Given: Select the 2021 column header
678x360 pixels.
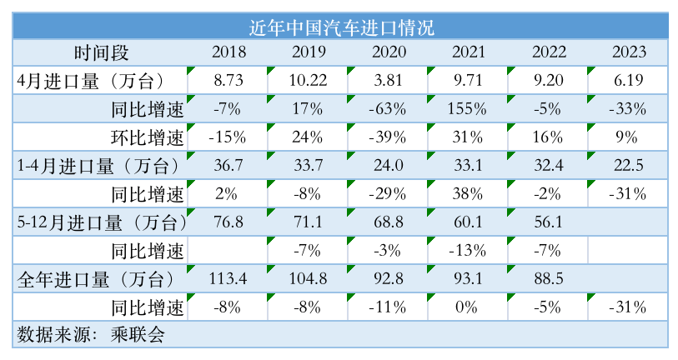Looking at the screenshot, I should (x=469, y=52).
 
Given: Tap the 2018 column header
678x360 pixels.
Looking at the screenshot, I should (x=229, y=52).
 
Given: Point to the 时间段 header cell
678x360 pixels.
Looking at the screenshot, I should (x=101, y=52).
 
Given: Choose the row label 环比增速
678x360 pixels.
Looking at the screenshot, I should (x=147, y=137).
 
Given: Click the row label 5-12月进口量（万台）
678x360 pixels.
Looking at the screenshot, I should (x=101, y=222).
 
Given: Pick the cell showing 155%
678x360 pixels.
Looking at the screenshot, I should (x=469, y=109).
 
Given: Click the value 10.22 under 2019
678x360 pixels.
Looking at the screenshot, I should (x=309, y=81).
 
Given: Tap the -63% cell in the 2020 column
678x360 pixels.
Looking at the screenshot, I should (x=389, y=109).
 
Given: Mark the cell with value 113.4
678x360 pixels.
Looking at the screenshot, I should (x=229, y=278).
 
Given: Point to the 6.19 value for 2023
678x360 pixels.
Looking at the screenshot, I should (x=628, y=81).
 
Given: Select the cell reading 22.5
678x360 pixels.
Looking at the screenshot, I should (x=628, y=166).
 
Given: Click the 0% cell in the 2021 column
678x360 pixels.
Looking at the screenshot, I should (x=469, y=307).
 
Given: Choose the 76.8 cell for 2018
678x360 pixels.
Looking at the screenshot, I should (x=229, y=222).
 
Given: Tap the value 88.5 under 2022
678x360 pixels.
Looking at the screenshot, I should (x=548, y=278).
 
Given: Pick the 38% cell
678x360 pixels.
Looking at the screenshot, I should (x=469, y=194).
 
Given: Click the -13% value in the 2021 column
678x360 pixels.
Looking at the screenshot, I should (x=469, y=250).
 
